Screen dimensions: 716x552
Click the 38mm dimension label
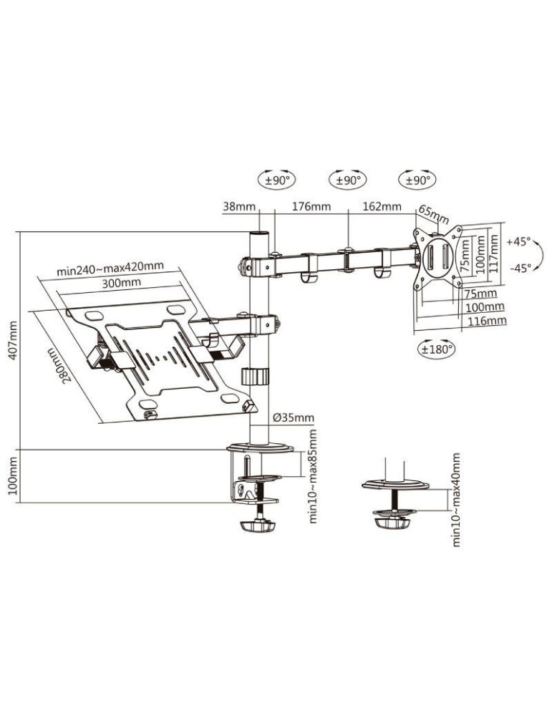(239, 207)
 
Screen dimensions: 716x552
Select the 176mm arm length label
(311, 207)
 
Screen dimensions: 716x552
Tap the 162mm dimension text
(382, 207)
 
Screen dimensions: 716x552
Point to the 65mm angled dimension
(434, 214)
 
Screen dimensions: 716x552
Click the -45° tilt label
(520, 268)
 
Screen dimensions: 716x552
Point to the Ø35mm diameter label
(294, 417)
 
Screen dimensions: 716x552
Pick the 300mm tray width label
(120, 283)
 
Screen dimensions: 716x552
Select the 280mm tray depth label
(61, 365)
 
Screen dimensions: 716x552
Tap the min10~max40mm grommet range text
(457, 499)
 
